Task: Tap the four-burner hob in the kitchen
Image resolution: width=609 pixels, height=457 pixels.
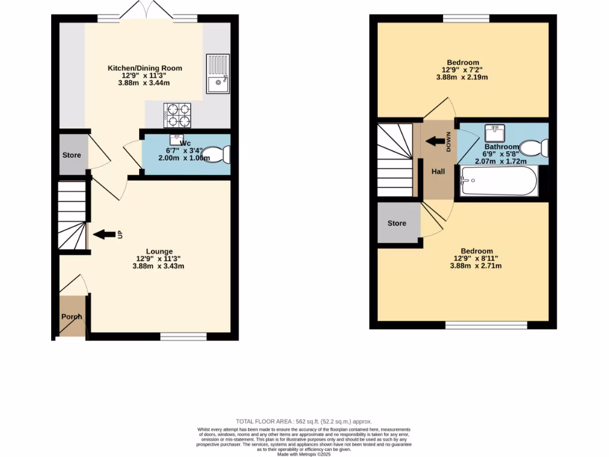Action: (177, 115)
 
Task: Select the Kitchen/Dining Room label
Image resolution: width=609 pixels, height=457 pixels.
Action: (145, 68)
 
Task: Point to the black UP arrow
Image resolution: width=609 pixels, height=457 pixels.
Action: (104, 234)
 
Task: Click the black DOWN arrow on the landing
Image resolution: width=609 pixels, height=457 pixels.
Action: (438, 142)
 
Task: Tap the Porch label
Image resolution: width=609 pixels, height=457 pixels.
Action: (71, 317)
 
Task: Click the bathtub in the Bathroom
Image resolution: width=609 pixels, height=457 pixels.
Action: (500, 181)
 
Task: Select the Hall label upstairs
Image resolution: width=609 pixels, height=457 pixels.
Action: (438, 171)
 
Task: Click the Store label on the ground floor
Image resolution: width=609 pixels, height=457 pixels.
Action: (71, 155)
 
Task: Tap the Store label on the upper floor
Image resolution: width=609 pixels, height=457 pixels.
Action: (397, 223)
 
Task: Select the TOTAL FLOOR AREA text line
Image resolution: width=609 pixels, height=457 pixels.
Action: (304, 421)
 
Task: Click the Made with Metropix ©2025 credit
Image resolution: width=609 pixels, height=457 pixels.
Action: (304, 454)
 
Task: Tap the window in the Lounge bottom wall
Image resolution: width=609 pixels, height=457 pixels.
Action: (183, 337)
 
